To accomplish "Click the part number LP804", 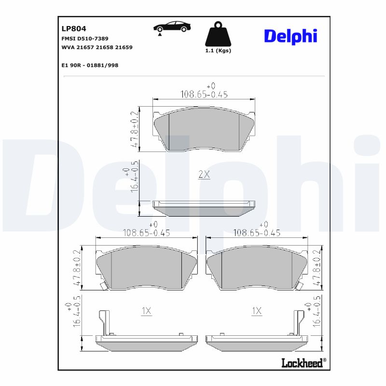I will (74, 28).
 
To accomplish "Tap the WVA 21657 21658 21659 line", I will (97, 47).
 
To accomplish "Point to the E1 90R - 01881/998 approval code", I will (90, 65).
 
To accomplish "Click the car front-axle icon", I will (171, 28).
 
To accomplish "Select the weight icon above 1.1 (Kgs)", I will (218, 35).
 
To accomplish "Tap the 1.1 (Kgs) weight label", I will (218, 51).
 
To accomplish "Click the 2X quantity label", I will (204, 175).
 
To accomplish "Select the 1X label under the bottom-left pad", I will (146, 311).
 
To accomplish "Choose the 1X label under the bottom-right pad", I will (257, 311).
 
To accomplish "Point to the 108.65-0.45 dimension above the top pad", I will (204, 95).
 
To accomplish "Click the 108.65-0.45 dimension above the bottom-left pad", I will (147, 233).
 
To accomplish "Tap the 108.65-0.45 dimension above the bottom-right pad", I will (257, 233).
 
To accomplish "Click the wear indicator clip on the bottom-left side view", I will (103, 322).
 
